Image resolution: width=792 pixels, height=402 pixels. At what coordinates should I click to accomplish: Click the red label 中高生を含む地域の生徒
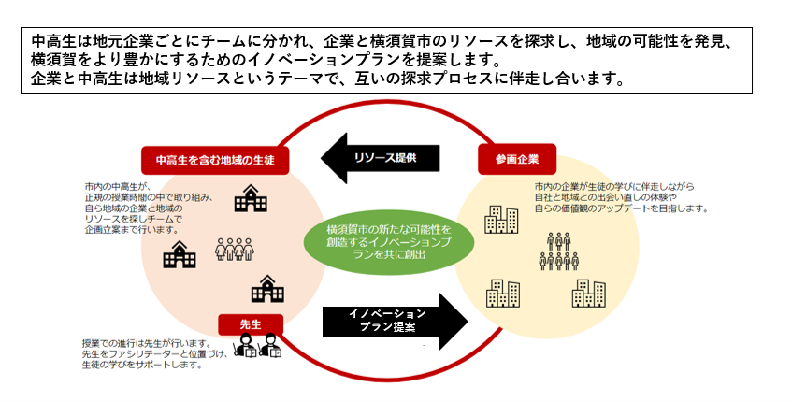click(x=214, y=159)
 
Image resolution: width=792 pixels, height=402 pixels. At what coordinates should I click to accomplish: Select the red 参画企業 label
click(x=515, y=158)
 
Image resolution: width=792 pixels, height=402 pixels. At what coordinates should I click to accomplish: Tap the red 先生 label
click(x=250, y=323)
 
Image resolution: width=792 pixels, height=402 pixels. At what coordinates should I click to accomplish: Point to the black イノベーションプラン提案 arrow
click(x=393, y=320)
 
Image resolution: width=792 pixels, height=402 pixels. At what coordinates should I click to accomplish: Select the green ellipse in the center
click(x=389, y=240)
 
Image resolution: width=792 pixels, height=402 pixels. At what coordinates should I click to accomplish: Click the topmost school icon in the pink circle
click(x=250, y=198)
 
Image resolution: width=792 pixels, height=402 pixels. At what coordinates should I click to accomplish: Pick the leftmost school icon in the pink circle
click(x=180, y=253)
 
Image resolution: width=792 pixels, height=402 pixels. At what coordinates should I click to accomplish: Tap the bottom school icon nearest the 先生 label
click(x=267, y=289)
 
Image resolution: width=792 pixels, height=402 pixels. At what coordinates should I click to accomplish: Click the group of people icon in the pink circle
click(x=235, y=250)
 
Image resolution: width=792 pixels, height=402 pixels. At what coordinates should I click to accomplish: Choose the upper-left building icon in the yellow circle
click(x=500, y=220)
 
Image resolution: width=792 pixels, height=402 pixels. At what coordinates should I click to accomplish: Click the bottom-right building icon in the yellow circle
click(x=589, y=293)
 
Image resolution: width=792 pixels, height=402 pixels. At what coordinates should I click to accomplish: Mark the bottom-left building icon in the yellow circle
click(x=502, y=294)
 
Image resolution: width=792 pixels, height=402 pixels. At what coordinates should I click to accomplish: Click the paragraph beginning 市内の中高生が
click(x=150, y=207)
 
